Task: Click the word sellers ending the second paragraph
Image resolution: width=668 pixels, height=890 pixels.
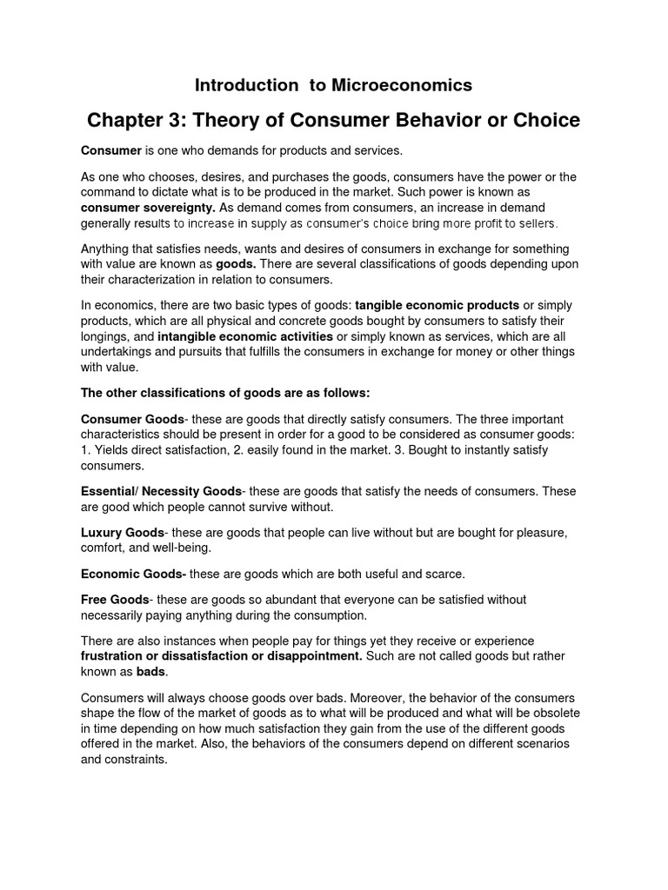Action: point(530,223)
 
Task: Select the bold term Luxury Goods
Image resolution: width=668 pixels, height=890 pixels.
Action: point(122,532)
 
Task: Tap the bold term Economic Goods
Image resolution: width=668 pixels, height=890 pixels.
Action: point(133,574)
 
